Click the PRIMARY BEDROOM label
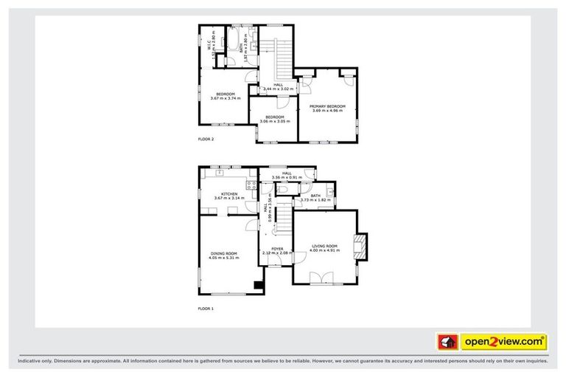[x=327, y=107]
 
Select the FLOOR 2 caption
[x=206, y=139]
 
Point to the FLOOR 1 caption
[x=206, y=308]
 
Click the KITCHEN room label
[x=226, y=194]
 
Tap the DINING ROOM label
[x=226, y=255]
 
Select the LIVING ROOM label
[x=324, y=246]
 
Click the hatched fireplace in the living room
[x=360, y=247]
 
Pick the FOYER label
[x=277, y=249]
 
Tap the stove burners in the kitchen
[x=251, y=185]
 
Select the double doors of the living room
[x=321, y=278]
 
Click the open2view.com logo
[x=503, y=341]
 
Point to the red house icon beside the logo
[x=447, y=342]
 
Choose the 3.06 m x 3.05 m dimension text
[x=276, y=122]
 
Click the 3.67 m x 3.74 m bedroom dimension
[x=225, y=98]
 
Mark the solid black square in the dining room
[x=258, y=285]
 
